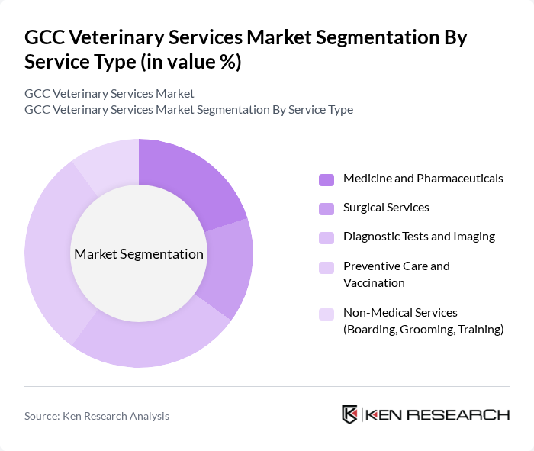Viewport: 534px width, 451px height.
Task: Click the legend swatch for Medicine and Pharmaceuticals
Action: click(x=327, y=179)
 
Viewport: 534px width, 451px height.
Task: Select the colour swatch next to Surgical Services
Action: click(x=327, y=208)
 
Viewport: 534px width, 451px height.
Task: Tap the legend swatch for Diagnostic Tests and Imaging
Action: click(x=327, y=237)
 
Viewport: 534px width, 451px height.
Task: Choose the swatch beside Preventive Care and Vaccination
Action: click(x=327, y=267)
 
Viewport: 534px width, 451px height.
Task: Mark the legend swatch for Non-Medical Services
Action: click(x=327, y=314)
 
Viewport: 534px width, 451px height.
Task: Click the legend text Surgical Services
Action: click(x=386, y=208)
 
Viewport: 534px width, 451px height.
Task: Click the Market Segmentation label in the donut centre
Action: click(x=139, y=254)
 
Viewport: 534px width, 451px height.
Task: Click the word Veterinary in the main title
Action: click(x=108, y=37)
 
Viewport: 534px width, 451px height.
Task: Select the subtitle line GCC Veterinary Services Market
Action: click(x=109, y=93)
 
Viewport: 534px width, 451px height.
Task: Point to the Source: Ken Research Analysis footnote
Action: click(x=97, y=416)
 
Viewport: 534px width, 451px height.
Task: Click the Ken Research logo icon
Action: click(x=350, y=414)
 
